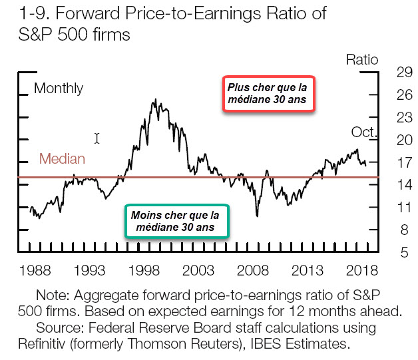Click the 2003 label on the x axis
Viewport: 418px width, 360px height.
point(198,271)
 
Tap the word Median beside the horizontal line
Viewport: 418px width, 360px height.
point(62,159)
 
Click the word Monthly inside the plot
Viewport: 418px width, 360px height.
point(59,89)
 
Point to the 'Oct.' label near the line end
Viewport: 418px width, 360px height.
point(363,132)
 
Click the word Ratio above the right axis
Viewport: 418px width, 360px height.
point(362,60)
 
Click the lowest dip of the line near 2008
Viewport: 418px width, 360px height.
point(257,216)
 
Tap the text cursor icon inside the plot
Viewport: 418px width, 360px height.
point(97,138)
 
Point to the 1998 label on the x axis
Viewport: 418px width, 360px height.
point(144,271)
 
